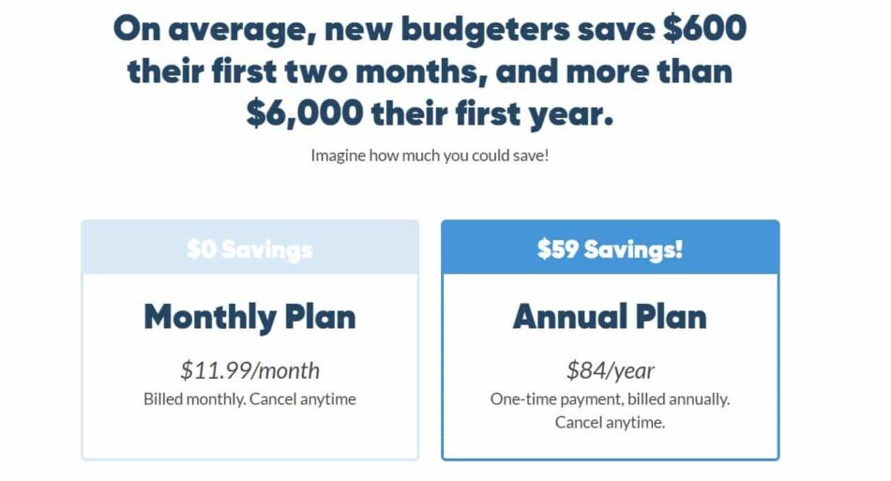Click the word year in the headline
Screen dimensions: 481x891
tap(570, 113)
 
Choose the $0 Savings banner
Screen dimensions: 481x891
tap(249, 249)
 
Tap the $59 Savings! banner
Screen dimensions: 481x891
tap(610, 249)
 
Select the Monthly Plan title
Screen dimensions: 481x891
tap(249, 317)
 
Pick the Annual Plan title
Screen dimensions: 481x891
tap(610, 317)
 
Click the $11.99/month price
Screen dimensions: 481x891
tap(249, 370)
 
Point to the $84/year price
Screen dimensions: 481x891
tap(610, 370)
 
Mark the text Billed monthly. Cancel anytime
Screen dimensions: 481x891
tap(249, 399)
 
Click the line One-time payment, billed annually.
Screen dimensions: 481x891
tap(610, 399)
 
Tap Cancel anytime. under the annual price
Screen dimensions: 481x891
tap(610, 423)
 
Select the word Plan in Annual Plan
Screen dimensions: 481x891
tap(670, 317)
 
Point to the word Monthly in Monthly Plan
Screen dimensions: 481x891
tap(210, 317)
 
